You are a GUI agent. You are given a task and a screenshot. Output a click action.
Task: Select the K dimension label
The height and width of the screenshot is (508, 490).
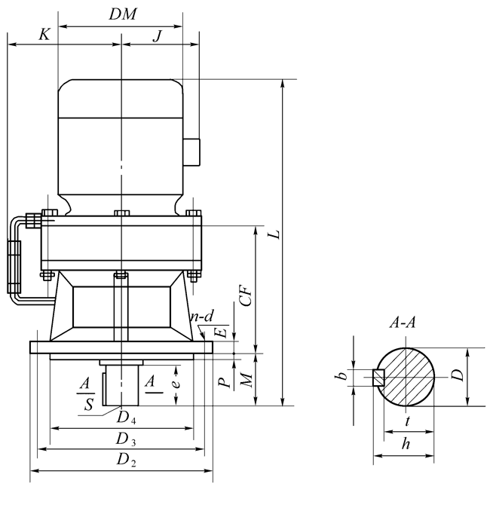coord(44,35)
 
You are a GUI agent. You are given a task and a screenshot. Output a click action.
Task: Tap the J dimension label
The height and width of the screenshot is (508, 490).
coord(157,35)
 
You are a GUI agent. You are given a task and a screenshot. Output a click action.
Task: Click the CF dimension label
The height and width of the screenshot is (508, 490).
coord(245,292)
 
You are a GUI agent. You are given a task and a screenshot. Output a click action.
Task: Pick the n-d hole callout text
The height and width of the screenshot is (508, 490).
coord(201,317)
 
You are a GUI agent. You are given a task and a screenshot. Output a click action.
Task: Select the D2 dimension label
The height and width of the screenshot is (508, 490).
coord(124,460)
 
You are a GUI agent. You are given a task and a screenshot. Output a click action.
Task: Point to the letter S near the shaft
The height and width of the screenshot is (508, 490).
coord(90,405)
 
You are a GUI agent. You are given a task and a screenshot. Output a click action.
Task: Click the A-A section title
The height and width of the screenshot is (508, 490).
coord(403,323)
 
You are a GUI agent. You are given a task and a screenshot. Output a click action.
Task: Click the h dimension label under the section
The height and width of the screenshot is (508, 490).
coord(406,445)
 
